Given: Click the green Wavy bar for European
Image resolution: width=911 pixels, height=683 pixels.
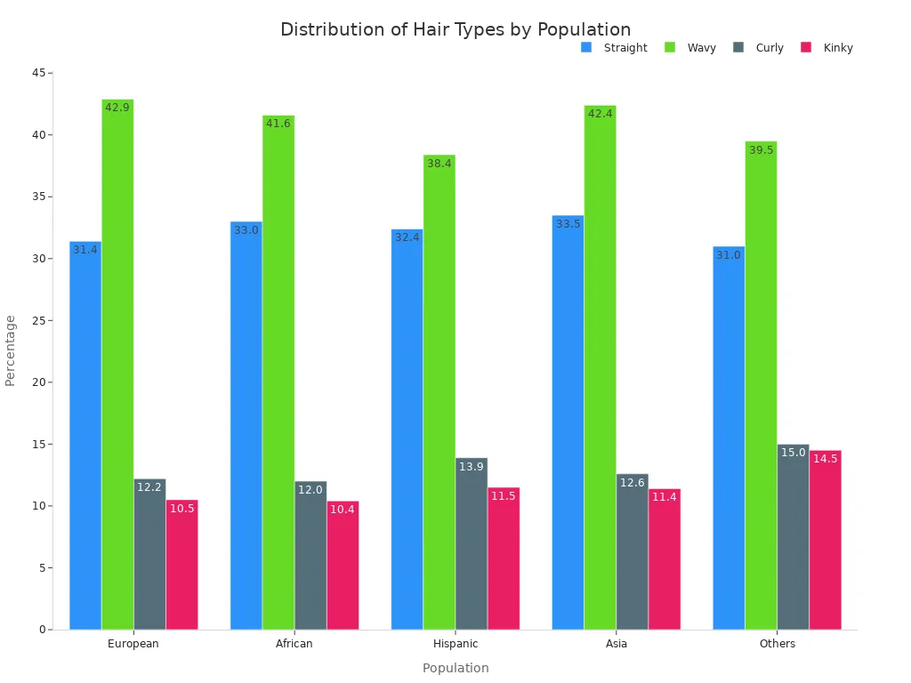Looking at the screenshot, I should coord(117,365).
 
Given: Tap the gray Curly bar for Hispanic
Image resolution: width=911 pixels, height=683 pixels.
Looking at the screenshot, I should coord(472,543).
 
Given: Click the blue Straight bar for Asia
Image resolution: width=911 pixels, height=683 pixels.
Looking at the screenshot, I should coord(568,422).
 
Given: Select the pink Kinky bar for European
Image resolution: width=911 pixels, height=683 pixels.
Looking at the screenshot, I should coord(181,565).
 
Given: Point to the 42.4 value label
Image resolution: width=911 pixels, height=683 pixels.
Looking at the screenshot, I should coord(600,114).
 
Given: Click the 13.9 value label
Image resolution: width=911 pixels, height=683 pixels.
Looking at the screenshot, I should coord(472,467).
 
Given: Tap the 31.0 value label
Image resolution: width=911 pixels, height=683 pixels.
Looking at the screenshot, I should coord(728,255).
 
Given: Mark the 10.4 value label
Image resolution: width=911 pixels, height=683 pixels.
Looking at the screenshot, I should coord(343,510).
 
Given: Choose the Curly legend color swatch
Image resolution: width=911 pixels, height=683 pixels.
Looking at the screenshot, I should coord(738,47).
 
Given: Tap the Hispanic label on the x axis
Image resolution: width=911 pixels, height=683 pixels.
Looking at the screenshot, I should coord(455,644).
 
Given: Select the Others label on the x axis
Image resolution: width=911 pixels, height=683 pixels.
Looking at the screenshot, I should coord(777,644).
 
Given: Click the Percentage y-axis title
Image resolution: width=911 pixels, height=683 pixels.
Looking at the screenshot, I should coord(11,350).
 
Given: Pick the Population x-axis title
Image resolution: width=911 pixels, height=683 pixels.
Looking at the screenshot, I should coord(455,668).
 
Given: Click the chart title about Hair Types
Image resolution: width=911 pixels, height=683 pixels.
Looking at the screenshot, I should coord(455,29).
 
